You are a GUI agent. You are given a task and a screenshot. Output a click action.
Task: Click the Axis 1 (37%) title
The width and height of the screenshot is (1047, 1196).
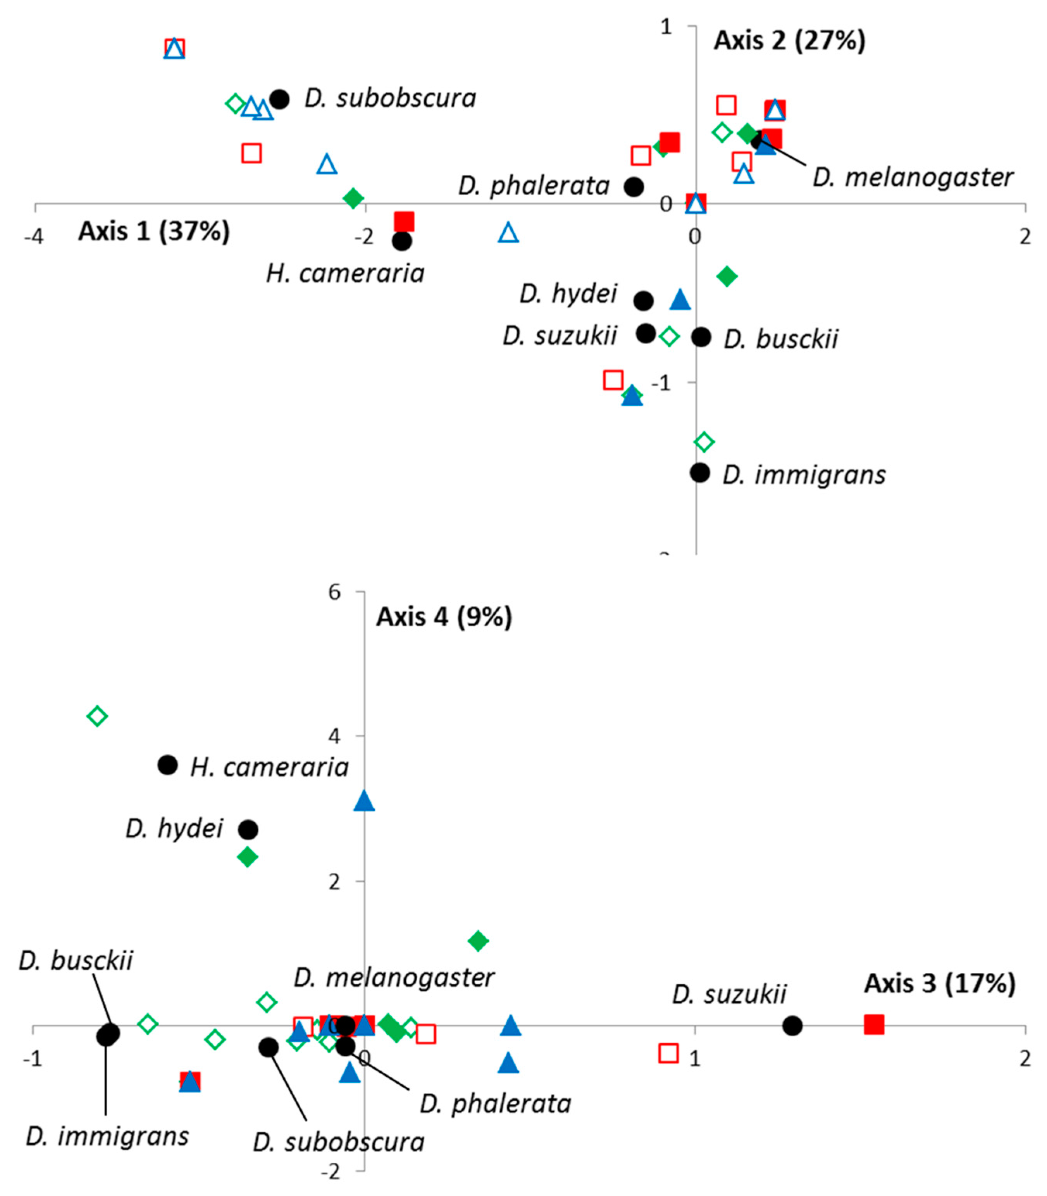coord(154,231)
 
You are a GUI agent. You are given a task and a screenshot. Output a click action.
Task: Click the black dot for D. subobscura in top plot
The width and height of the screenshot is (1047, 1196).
coord(279,99)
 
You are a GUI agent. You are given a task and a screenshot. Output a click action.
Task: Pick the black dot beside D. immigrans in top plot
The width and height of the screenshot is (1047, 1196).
coord(699,472)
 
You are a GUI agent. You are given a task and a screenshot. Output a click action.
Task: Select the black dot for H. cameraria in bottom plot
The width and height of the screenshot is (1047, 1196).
coord(168,765)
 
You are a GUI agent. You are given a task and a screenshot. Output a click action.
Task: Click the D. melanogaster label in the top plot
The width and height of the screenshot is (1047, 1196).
coord(913,177)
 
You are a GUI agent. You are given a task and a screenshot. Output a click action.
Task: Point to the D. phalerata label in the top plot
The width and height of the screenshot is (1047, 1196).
coord(534,186)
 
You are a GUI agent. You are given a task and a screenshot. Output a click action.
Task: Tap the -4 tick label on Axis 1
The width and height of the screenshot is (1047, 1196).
coord(34,237)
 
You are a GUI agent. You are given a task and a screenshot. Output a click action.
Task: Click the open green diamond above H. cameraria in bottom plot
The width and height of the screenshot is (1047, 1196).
coord(97,716)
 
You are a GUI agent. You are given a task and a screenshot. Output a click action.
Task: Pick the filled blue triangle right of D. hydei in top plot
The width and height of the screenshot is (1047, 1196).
coord(680,300)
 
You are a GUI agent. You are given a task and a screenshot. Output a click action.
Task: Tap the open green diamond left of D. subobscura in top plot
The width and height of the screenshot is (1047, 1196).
coord(235,103)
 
